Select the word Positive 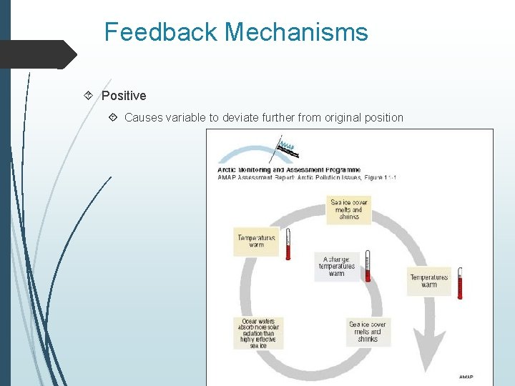(x=124, y=96)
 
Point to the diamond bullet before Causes (x=113, y=117)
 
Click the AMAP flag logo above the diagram (x=286, y=148)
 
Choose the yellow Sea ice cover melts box (x=348, y=210)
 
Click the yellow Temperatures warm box (x=256, y=241)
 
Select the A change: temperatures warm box (x=337, y=267)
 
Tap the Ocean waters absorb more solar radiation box (x=258, y=333)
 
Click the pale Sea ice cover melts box (x=368, y=332)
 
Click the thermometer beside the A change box (x=367, y=265)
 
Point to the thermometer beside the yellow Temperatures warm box (x=288, y=244)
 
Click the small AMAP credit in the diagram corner (x=466, y=377)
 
